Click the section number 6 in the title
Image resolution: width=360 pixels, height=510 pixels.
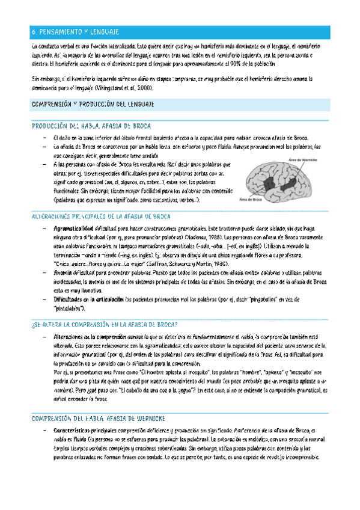point(34,31)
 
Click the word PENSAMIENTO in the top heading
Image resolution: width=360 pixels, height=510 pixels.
point(61,31)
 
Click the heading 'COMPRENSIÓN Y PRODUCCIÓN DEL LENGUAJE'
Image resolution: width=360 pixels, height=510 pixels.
point(93,105)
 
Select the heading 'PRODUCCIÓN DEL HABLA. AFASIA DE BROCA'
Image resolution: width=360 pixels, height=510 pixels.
point(91,126)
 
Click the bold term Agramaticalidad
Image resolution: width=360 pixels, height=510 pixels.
point(73,229)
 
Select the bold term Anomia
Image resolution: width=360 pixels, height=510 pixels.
point(63,255)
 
